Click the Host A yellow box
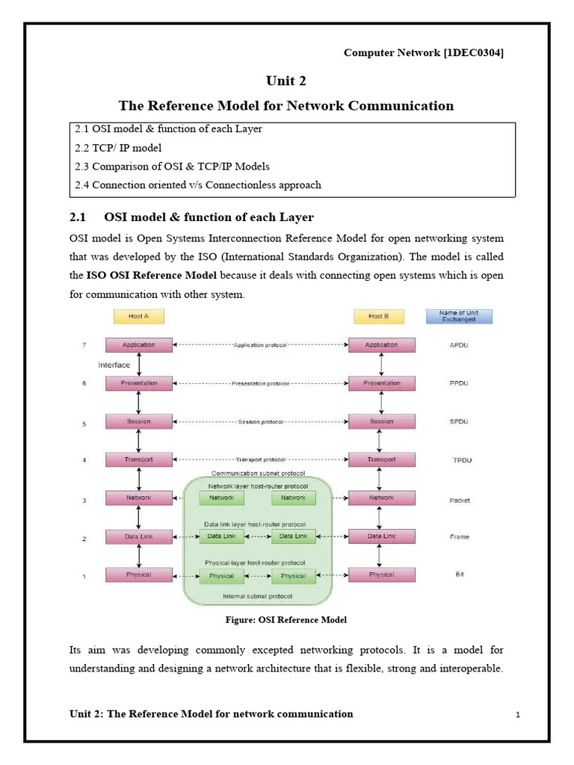click(x=139, y=317)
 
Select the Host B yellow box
click(x=379, y=317)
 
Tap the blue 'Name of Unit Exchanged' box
click(x=460, y=315)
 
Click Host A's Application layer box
click(x=139, y=345)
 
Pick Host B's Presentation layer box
click(x=381, y=383)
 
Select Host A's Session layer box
click(x=139, y=421)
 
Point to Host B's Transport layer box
click(x=381, y=459)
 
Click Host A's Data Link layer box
click(x=139, y=536)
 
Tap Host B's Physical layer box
click(x=381, y=574)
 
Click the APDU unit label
click(x=460, y=346)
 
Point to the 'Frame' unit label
click(x=460, y=537)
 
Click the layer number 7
click(x=84, y=345)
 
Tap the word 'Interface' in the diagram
click(x=114, y=365)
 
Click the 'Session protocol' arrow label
click(x=261, y=422)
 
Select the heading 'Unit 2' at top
click(x=286, y=81)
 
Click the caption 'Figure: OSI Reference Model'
click(x=286, y=620)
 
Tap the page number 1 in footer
click(x=517, y=716)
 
